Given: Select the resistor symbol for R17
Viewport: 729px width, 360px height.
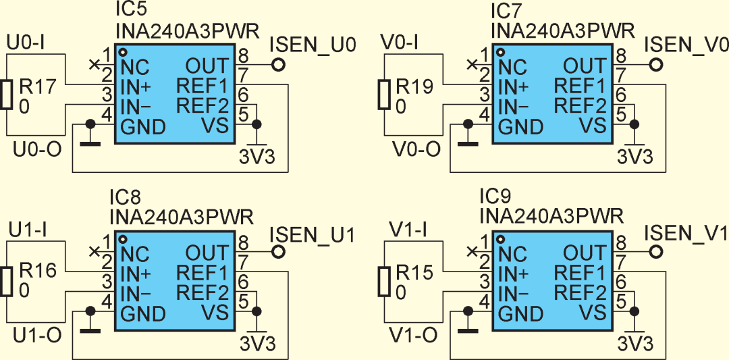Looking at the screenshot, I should (x=7, y=95).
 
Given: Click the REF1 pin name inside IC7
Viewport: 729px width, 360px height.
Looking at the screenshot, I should (x=580, y=86).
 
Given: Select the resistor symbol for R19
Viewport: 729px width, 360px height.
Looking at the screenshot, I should (x=383, y=95).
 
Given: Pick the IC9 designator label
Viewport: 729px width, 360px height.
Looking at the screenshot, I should (x=495, y=197).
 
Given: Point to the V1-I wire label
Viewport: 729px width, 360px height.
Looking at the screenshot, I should (x=409, y=230).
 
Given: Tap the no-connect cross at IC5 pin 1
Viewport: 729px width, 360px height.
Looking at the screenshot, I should (x=94, y=64).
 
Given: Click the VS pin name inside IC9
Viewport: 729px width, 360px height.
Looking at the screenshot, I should (x=593, y=312).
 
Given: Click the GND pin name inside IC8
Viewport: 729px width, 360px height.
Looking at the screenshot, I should (x=142, y=313).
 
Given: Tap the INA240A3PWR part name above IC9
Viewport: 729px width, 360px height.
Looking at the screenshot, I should (x=551, y=217).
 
